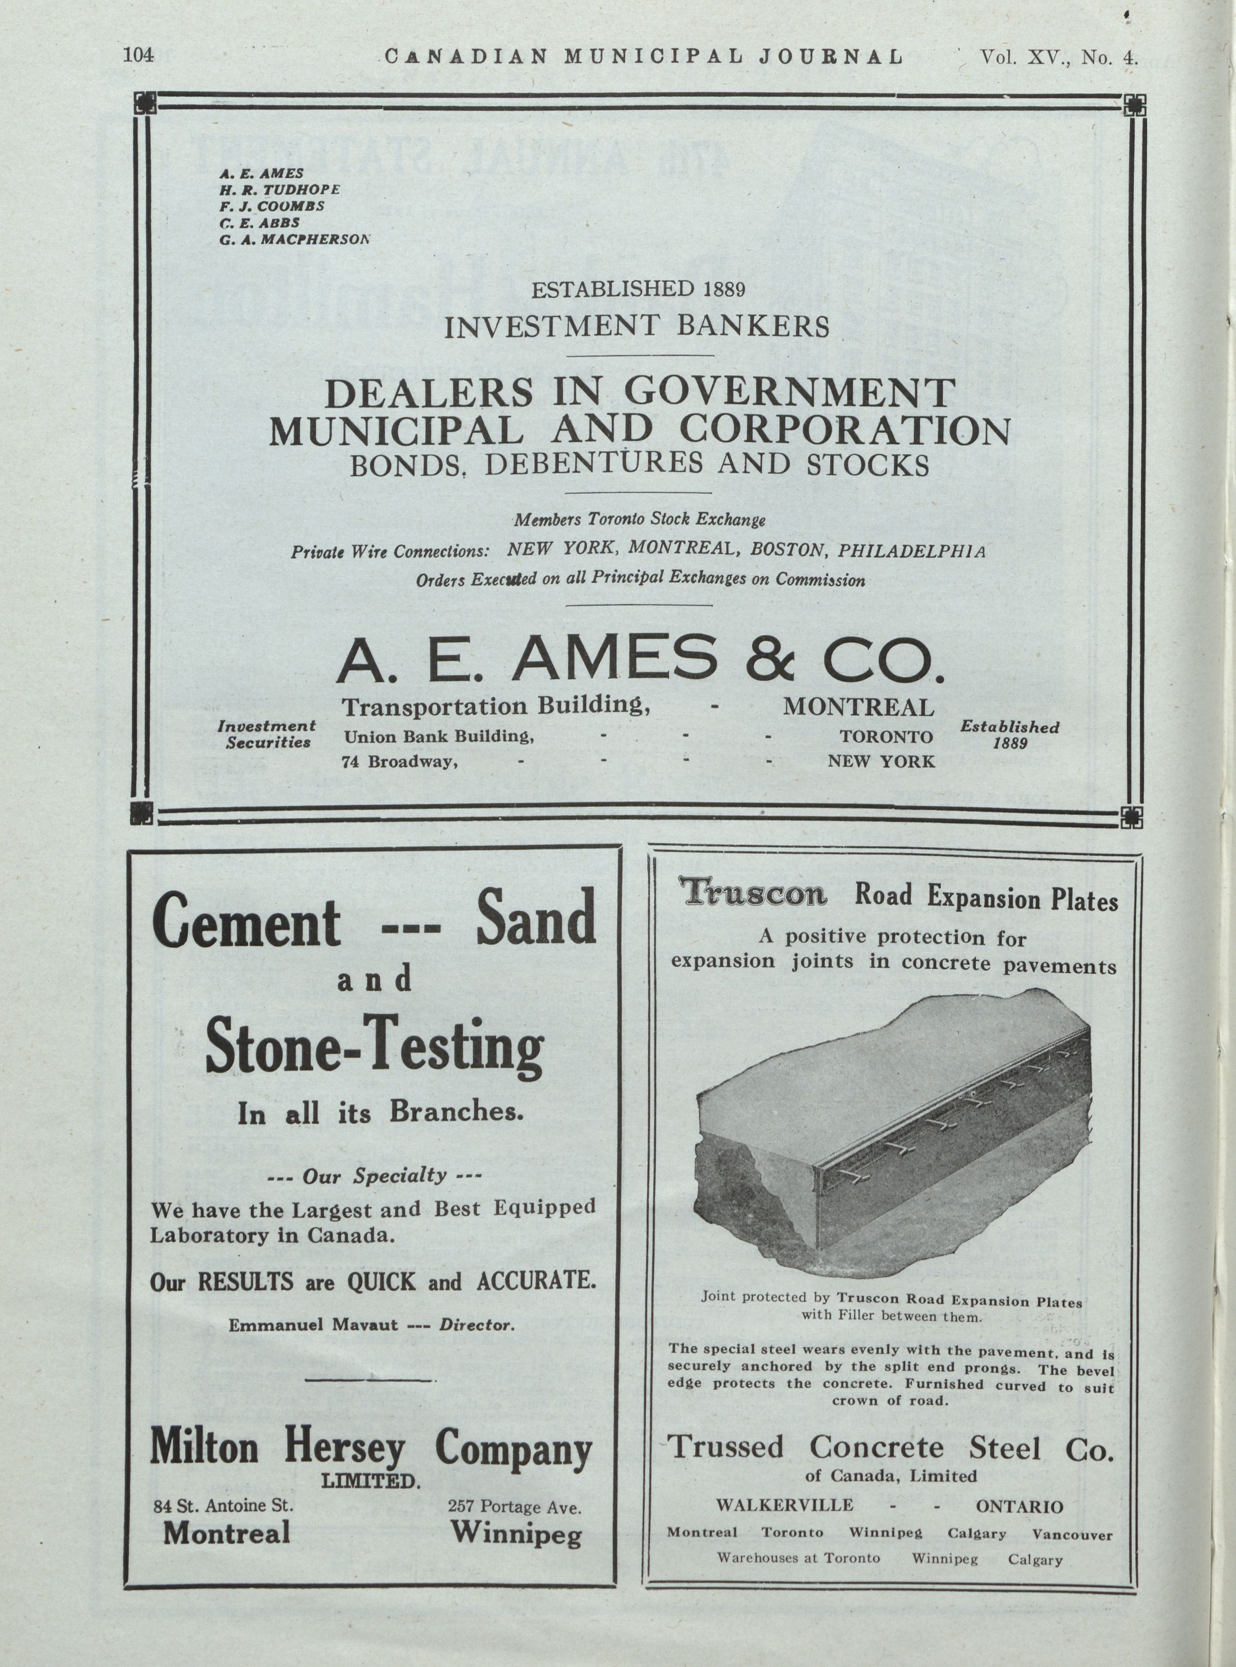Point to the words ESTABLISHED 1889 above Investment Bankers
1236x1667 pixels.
(x=637, y=289)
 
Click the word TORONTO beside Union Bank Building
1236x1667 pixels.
(x=886, y=736)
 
